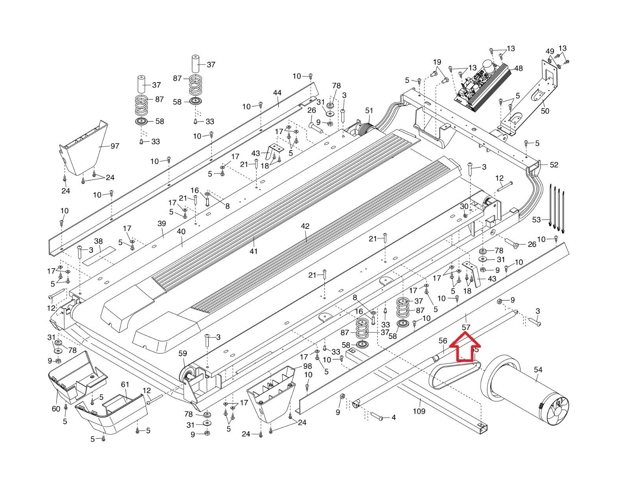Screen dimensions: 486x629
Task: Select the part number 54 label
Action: click(538, 369)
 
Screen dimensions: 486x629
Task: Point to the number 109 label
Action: click(419, 411)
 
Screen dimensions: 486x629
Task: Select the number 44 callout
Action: click(277, 93)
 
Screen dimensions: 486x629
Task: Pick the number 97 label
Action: click(115, 146)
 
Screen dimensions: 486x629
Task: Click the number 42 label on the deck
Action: click(305, 226)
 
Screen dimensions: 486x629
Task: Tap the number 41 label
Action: click(254, 251)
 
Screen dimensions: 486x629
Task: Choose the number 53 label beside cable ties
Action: click(536, 219)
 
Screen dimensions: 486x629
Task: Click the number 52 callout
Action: click(554, 165)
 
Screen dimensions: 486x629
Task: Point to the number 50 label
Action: click(545, 111)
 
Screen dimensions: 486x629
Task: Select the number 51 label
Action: click(369, 111)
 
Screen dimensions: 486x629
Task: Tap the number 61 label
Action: click(125, 384)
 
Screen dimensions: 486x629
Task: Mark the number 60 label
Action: click(56, 409)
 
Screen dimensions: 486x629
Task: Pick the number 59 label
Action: click(183, 353)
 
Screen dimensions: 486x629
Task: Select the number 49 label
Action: click(550, 52)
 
